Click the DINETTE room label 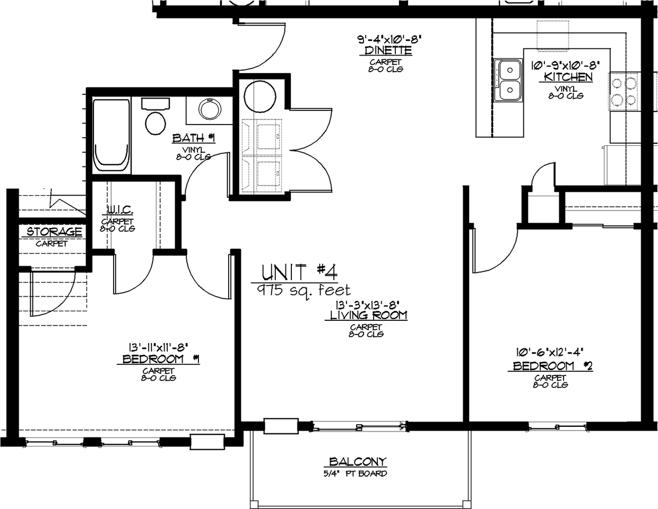(388, 51)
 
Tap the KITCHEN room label (568, 77)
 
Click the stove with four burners (624, 91)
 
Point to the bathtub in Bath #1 (111, 135)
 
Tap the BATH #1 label (193, 138)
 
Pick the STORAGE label (54, 232)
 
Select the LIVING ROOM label (366, 315)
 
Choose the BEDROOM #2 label (552, 366)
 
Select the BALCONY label (358, 462)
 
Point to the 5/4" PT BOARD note (358, 473)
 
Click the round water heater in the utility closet (259, 96)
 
